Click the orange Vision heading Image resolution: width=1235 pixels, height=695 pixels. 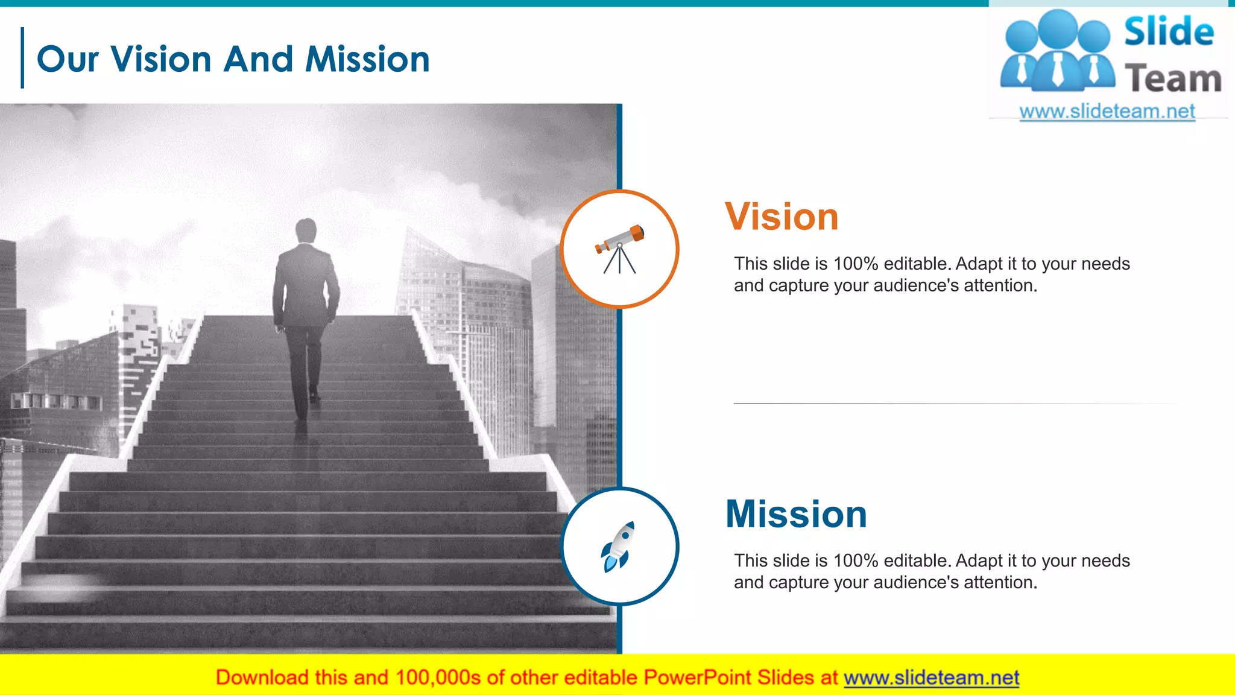click(782, 217)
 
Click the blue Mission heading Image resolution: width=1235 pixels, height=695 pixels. click(796, 514)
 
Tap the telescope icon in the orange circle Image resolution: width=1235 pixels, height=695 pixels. click(620, 249)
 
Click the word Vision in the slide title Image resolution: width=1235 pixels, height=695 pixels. click(161, 59)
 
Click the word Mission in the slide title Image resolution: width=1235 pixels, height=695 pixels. click(367, 59)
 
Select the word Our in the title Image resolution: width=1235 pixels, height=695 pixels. click(68, 60)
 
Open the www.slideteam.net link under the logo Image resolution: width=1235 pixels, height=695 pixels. click(1107, 112)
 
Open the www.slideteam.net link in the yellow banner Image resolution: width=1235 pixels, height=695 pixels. click(931, 678)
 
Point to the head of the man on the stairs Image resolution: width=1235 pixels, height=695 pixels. click(306, 230)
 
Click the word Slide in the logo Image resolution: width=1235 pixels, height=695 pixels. click(1169, 31)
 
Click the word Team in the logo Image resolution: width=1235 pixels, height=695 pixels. click(1173, 79)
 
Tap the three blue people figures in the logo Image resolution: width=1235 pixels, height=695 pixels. click(1057, 51)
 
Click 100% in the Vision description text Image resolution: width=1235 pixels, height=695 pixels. click(855, 264)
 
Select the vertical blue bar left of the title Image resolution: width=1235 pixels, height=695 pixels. click(22, 58)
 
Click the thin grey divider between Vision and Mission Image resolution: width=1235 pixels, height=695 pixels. click(959, 403)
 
